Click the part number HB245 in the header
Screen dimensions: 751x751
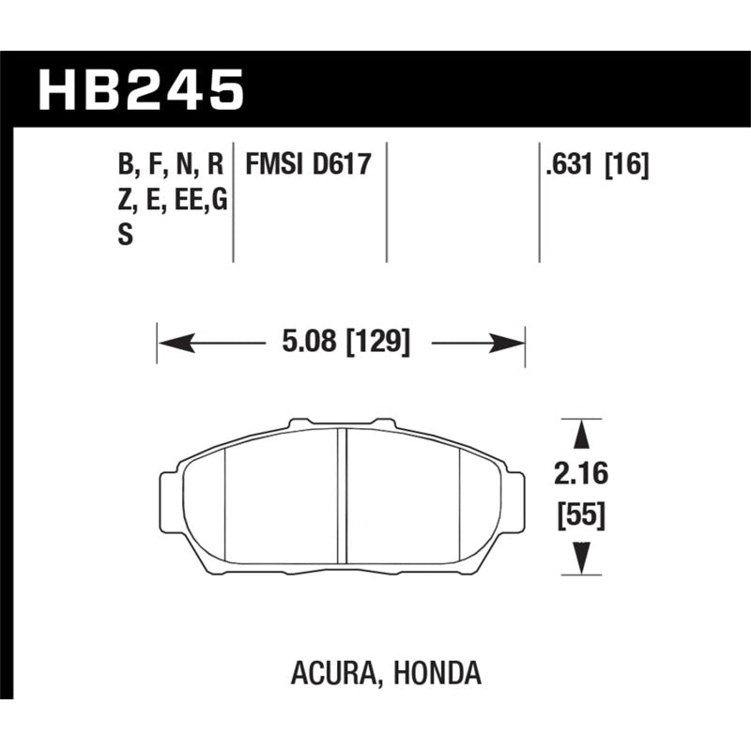pyautogui.click(x=141, y=92)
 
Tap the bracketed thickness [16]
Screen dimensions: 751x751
pyautogui.click(x=628, y=166)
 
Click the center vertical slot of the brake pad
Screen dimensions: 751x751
pyautogui.click(x=344, y=498)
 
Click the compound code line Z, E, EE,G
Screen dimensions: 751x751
pyautogui.click(x=172, y=201)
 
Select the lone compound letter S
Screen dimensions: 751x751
pyautogui.click(x=124, y=236)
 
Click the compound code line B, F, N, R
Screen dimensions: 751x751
pyautogui.click(x=170, y=166)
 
